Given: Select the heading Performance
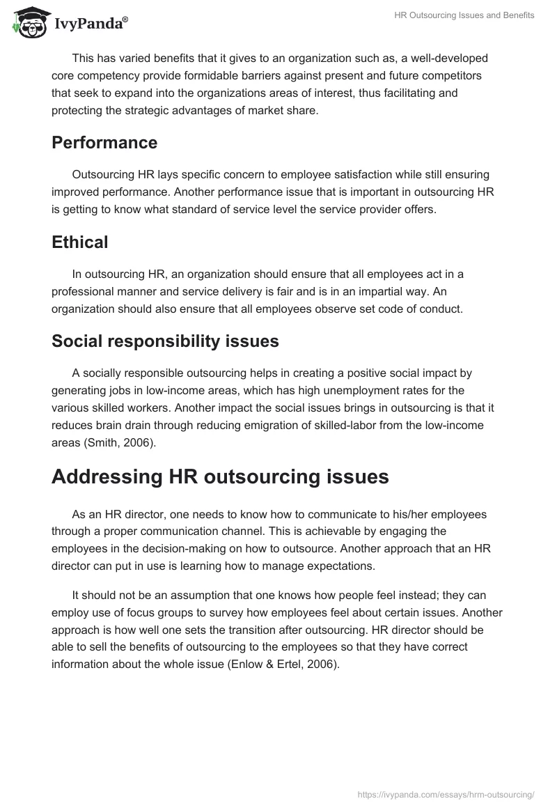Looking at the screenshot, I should pyautogui.click(x=104, y=143).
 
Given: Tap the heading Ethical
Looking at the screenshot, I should pyautogui.click(x=80, y=242).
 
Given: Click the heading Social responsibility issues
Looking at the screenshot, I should pyautogui.click(x=165, y=341).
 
